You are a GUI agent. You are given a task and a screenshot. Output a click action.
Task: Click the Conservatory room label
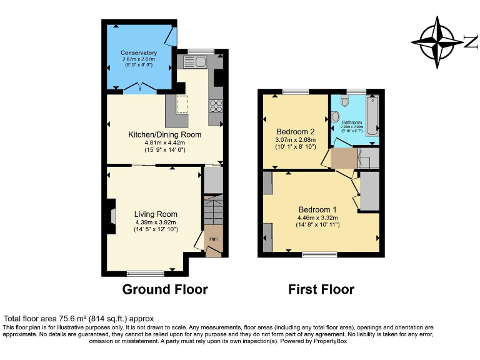click(139, 52)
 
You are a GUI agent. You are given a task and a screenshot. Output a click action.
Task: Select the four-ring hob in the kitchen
click(217, 106)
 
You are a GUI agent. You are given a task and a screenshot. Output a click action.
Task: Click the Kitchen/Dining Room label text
click(165, 134)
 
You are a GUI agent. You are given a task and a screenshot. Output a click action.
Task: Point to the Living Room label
click(156, 214)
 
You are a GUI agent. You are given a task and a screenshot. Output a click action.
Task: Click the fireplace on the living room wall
click(112, 216)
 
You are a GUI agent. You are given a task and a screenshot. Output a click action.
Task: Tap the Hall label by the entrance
click(214, 239)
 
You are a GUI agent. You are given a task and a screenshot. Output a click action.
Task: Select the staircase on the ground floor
click(213, 209)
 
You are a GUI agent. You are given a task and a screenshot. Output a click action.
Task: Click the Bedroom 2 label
click(295, 131)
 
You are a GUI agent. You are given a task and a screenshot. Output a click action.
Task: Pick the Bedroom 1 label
click(317, 209)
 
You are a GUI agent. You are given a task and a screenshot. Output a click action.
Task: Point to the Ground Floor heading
click(165, 289)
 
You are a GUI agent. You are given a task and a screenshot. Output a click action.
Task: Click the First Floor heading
click(321, 289)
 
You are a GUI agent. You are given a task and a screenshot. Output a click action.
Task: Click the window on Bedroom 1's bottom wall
click(319, 254)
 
